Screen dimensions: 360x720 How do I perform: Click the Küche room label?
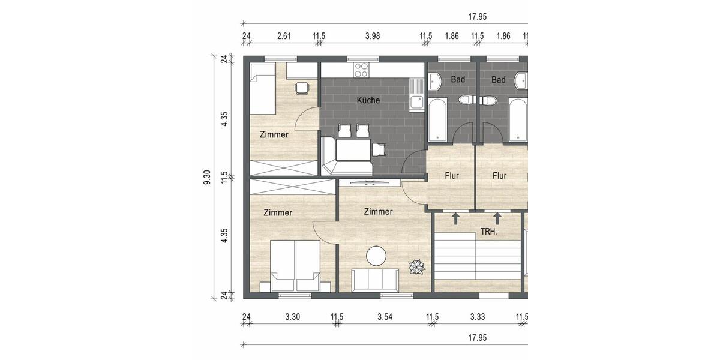point(368,100)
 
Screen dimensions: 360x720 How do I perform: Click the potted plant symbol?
point(416,266)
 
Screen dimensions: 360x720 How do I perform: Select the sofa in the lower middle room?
point(375,280)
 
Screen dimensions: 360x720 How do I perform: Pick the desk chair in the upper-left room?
point(302,88)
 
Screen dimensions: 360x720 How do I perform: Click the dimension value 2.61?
point(284,37)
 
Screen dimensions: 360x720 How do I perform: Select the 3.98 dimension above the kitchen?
point(373,37)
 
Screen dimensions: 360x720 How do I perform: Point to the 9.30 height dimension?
point(207,178)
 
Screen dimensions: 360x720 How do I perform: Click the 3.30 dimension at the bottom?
point(292,317)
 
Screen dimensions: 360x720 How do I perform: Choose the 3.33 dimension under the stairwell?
point(478,317)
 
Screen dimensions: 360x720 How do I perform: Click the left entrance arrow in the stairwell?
point(455,218)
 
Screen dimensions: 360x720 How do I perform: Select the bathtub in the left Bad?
point(437,121)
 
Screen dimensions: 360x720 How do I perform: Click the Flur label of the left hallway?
point(452,176)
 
